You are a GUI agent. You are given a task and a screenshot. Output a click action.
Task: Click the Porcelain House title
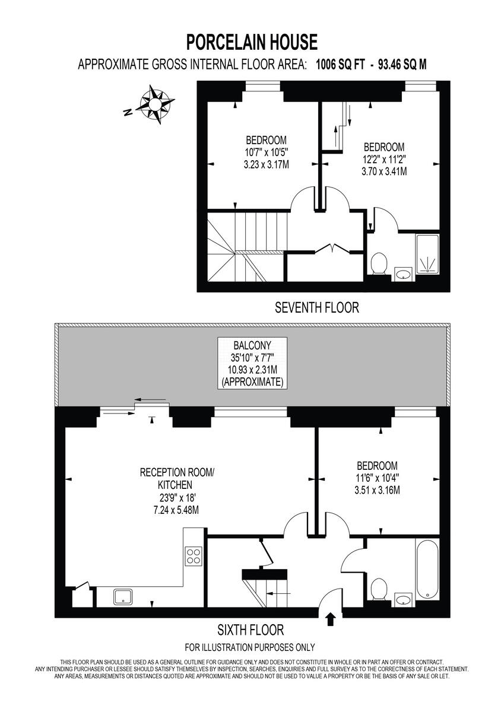coord(252,42)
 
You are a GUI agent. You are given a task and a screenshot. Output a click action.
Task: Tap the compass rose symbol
coord(156,105)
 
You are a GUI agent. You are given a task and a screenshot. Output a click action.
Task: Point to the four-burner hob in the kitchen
coord(194,556)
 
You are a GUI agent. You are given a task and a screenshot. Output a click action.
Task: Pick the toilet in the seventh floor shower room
coord(378,263)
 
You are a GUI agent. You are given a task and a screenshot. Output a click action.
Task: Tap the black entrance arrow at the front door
coord(331,619)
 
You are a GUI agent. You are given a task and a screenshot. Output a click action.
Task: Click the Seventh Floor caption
coord(317,307)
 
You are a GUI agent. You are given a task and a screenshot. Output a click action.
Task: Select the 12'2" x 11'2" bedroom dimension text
coord(384,160)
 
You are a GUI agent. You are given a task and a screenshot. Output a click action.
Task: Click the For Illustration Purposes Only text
coord(250,647)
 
